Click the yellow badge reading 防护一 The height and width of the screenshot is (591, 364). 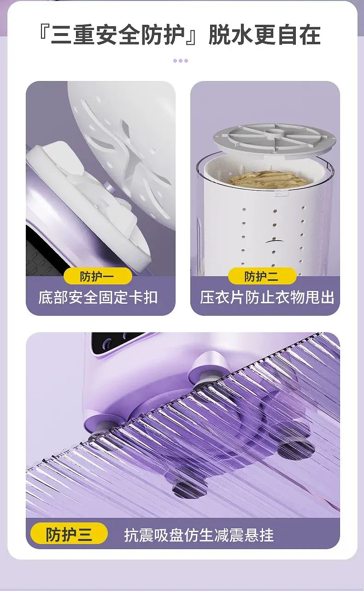click(x=98, y=277)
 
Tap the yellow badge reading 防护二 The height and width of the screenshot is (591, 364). click(x=262, y=276)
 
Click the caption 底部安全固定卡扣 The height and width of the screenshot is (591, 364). click(x=98, y=298)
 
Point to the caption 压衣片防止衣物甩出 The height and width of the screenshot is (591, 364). click(x=267, y=297)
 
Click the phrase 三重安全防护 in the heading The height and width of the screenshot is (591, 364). click(x=117, y=35)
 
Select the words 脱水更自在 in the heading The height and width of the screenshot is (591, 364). click(x=264, y=35)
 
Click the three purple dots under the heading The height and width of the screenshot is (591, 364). click(x=181, y=61)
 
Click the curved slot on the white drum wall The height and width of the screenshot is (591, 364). click(x=274, y=241)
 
